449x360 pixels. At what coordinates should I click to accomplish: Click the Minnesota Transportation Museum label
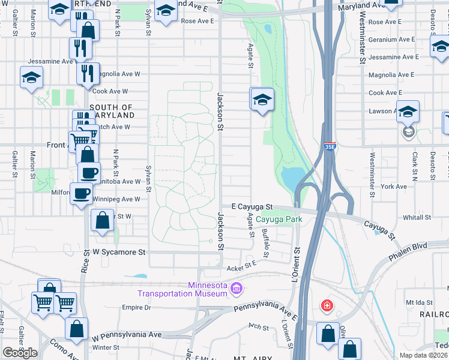(182, 289)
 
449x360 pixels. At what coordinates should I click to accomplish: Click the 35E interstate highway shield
(330, 146)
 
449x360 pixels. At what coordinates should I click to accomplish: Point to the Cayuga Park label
(279, 219)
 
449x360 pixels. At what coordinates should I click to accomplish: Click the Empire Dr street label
(136, 307)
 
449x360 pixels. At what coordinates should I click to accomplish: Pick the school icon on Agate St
(262, 100)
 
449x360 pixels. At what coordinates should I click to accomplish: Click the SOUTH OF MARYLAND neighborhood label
(112, 111)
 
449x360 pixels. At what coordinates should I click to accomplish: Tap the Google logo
(20, 352)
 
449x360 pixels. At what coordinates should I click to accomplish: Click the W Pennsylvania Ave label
(127, 334)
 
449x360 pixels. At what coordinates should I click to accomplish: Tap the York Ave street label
(394, 187)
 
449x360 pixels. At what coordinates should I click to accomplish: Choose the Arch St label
(258, 327)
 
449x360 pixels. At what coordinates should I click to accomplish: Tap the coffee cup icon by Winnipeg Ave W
(81, 193)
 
